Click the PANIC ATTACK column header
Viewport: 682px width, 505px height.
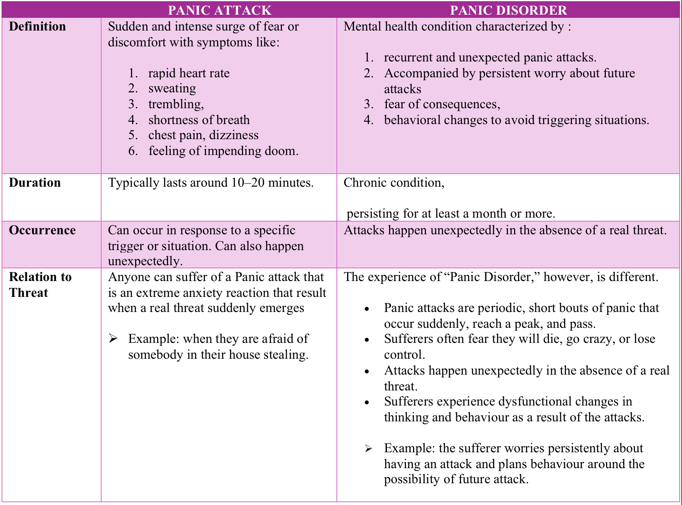219,10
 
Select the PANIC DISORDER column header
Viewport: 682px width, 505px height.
508,10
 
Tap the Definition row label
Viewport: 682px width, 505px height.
37,27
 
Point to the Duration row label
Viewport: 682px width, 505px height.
35,183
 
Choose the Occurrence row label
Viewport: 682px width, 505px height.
42,230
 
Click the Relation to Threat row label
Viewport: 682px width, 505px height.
40,285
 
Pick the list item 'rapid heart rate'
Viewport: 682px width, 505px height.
189,73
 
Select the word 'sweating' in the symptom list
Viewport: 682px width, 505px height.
172,88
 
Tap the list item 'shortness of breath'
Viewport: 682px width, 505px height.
199,120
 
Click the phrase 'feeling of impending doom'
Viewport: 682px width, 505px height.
223,151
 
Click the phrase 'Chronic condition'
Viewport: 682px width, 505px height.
393,183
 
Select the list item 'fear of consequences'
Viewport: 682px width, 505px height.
442,104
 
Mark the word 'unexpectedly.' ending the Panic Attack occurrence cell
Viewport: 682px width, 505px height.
145,261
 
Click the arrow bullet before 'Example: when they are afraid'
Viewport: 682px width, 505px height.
113,339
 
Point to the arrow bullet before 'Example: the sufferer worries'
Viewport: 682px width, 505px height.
369,449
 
